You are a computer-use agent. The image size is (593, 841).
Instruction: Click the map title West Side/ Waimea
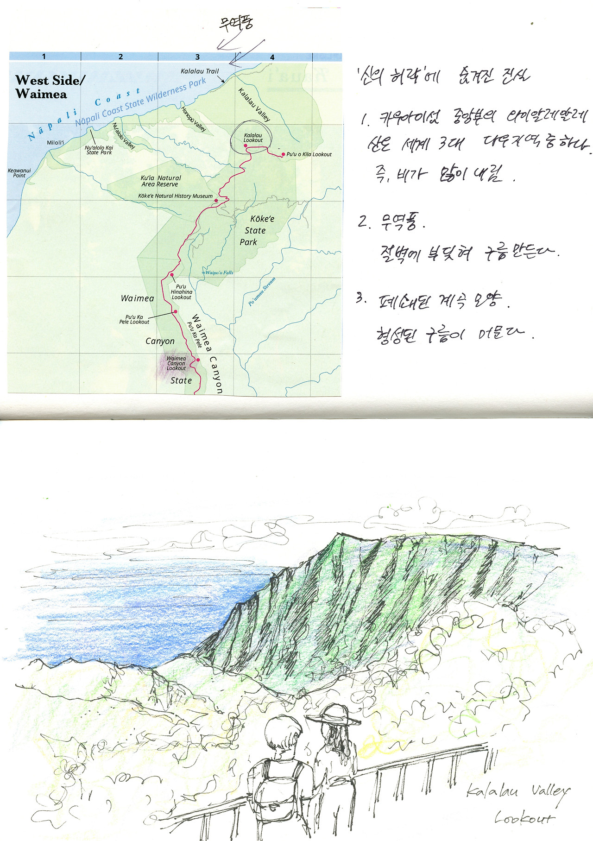coord(50,87)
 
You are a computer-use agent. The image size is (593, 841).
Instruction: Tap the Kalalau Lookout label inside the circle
coord(253,138)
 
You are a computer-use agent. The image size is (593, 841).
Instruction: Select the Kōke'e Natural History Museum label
coord(175,196)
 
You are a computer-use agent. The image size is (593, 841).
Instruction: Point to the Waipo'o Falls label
coord(218,272)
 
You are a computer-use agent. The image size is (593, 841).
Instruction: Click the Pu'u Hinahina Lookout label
coord(181,292)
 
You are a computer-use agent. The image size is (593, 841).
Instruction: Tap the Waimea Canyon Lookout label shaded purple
coord(176,363)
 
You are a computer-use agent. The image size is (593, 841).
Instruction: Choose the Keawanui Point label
coord(19,173)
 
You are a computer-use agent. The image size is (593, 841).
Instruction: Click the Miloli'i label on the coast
coord(55,142)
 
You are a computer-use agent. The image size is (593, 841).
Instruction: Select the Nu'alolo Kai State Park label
coord(99,150)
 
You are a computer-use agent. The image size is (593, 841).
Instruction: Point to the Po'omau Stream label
coord(262,291)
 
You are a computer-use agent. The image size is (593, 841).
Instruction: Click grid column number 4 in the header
coord(272,57)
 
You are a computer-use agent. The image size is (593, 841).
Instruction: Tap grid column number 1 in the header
coord(44,57)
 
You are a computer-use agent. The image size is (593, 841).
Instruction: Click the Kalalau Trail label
coord(200,71)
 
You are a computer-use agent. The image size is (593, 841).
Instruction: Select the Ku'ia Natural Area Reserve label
coord(160,181)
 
